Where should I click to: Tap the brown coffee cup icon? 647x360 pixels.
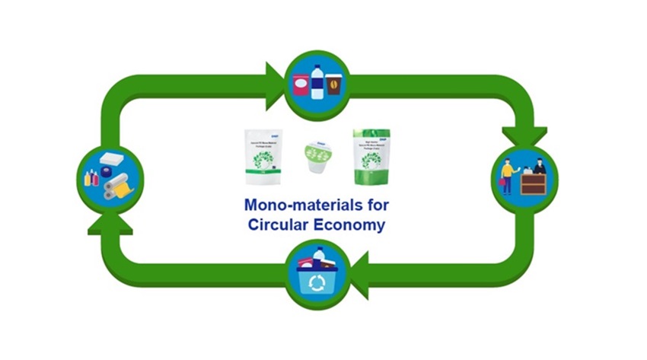333,84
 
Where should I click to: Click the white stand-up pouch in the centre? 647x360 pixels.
264,157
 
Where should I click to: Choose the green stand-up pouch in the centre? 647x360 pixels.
371,156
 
